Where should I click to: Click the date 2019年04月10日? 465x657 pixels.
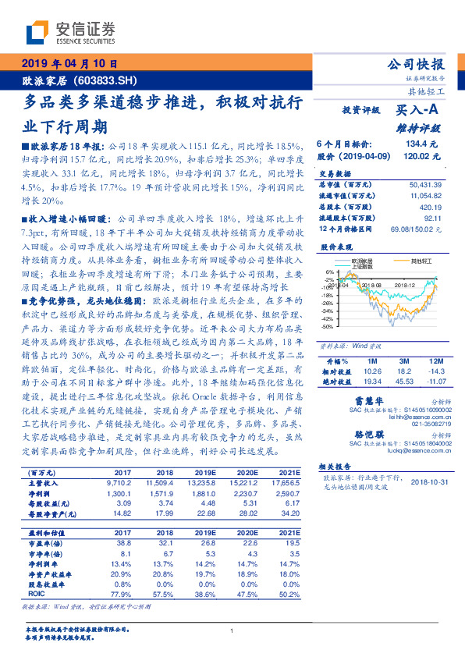[x=69, y=65]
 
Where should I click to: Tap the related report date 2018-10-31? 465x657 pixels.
[x=431, y=481]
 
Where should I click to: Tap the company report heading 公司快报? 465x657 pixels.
[x=416, y=65]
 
